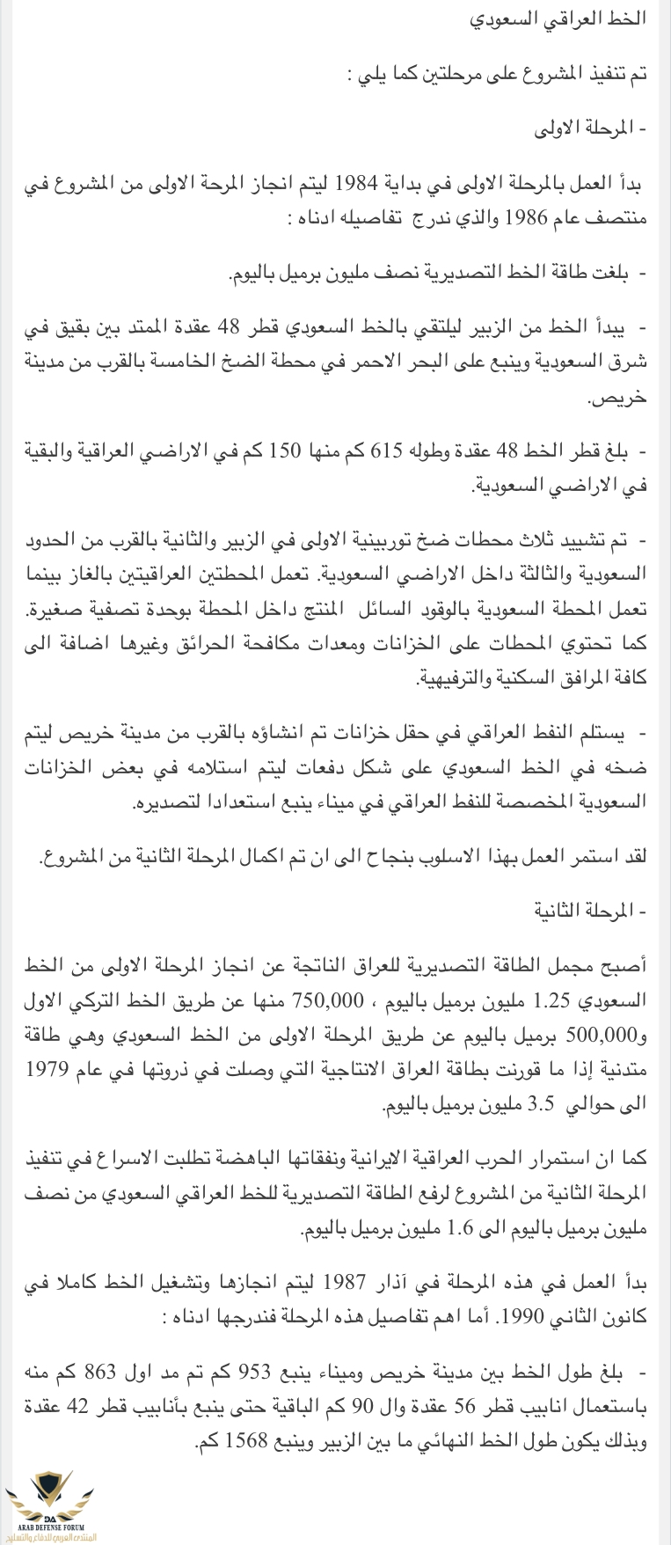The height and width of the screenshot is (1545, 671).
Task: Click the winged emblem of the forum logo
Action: (50, 1490)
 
